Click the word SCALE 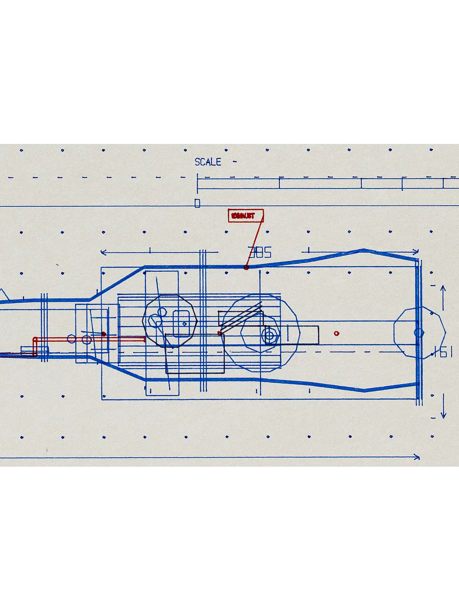(208, 162)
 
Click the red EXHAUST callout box (246, 216)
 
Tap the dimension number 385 (260, 253)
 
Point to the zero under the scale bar (197, 203)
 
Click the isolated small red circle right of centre (337, 333)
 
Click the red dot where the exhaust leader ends (246, 267)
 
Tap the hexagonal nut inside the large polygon (270, 335)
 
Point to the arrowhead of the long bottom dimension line (416, 457)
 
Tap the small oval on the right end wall (419, 333)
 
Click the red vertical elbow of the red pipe (35, 347)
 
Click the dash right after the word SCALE (235, 162)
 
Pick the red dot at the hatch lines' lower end (219, 333)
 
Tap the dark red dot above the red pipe (103, 334)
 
